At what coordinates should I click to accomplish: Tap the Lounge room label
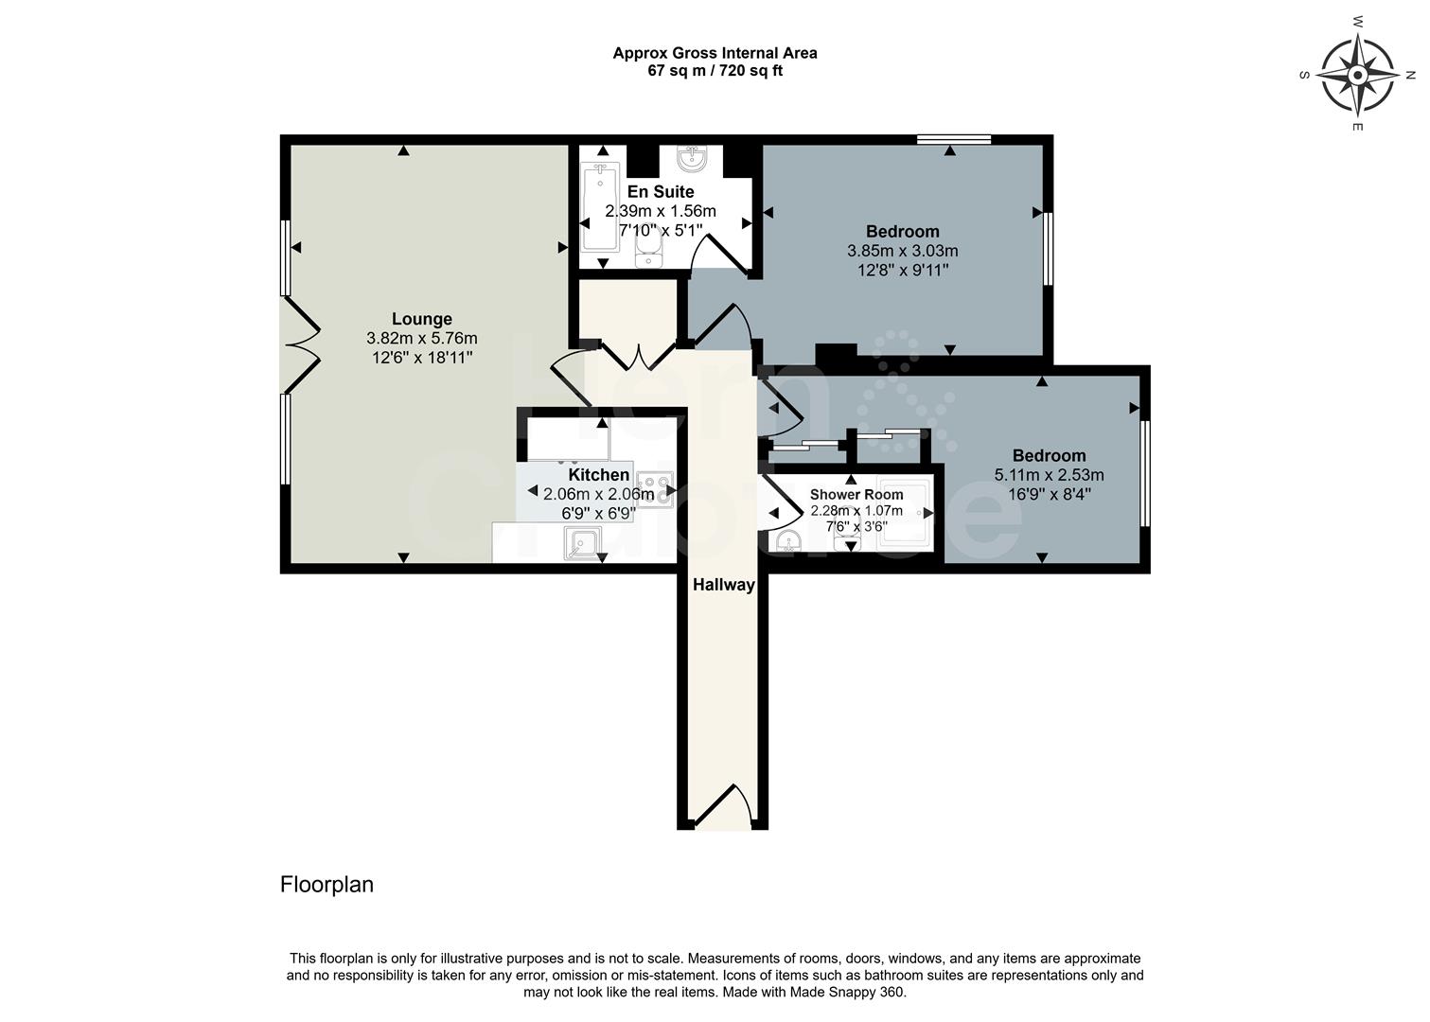tap(422, 319)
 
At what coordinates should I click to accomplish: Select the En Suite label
tap(661, 191)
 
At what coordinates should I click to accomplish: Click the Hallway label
tap(724, 585)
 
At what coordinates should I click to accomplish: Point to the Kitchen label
tap(598, 474)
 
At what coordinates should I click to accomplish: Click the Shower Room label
tap(856, 494)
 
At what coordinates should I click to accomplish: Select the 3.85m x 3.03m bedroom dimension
tap(902, 251)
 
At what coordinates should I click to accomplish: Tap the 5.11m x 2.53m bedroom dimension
tap(1049, 475)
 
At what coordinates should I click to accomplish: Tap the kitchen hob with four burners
tap(655, 489)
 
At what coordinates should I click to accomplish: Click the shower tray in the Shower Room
tap(905, 512)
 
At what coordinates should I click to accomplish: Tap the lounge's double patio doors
tap(302, 345)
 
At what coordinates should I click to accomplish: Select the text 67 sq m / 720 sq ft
tap(715, 71)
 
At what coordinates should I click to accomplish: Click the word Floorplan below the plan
tap(327, 885)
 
